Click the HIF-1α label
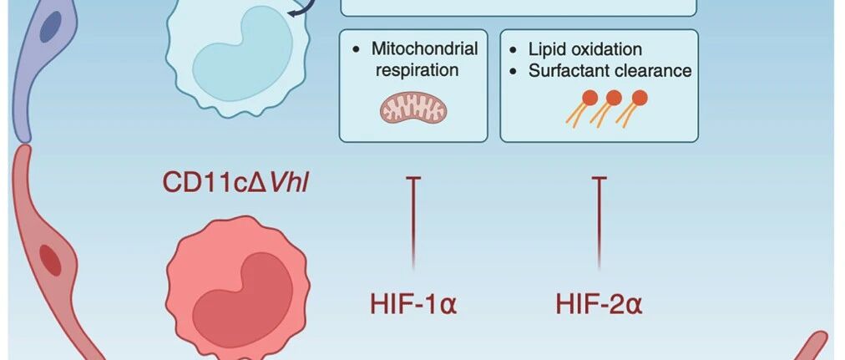click(x=413, y=303)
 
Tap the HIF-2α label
click(x=599, y=303)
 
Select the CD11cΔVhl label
click(x=235, y=181)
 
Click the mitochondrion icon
click(x=413, y=108)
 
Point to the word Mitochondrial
click(x=425, y=48)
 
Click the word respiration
click(x=417, y=70)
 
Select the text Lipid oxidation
click(x=585, y=49)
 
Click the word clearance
click(x=653, y=71)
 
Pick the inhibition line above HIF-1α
click(x=413, y=222)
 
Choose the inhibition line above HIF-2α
click(x=600, y=222)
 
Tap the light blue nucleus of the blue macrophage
click(x=242, y=54)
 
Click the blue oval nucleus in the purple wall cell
click(x=50, y=26)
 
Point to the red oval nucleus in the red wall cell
click(x=50, y=260)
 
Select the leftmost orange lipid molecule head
click(x=590, y=98)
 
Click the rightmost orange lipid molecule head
click(x=640, y=98)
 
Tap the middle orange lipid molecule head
click(x=615, y=98)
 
